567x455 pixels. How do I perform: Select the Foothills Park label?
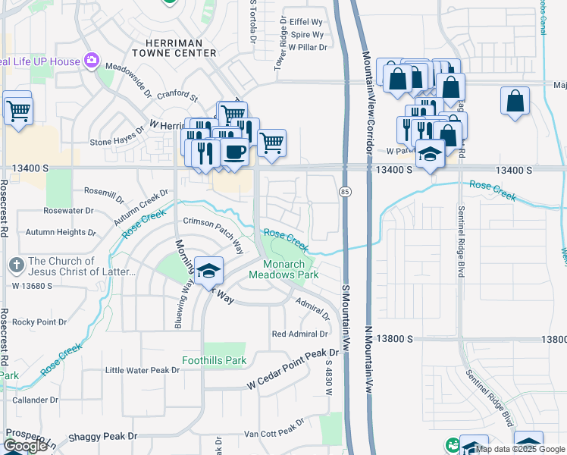[214, 360]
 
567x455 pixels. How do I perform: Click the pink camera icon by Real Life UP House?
[92, 60]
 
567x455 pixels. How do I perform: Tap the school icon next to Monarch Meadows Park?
[208, 270]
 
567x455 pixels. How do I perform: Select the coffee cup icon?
[233, 151]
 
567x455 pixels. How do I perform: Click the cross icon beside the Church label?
[15, 265]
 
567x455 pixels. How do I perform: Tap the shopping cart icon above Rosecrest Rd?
[17, 110]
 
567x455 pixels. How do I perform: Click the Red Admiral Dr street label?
[299, 334]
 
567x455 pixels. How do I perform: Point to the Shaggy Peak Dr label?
[102, 436]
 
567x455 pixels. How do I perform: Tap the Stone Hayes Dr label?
[117, 142]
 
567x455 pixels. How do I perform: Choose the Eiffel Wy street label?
[306, 23]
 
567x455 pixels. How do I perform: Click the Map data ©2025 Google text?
[520, 449]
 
